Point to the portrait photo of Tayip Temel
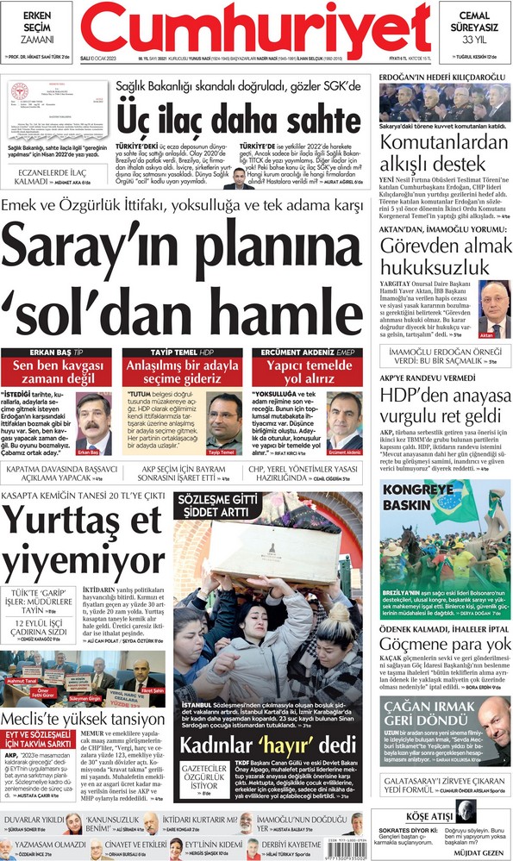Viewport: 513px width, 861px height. tap(223, 423)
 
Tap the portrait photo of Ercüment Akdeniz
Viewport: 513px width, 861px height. tap(344, 423)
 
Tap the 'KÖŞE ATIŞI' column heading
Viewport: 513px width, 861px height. tap(441, 815)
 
